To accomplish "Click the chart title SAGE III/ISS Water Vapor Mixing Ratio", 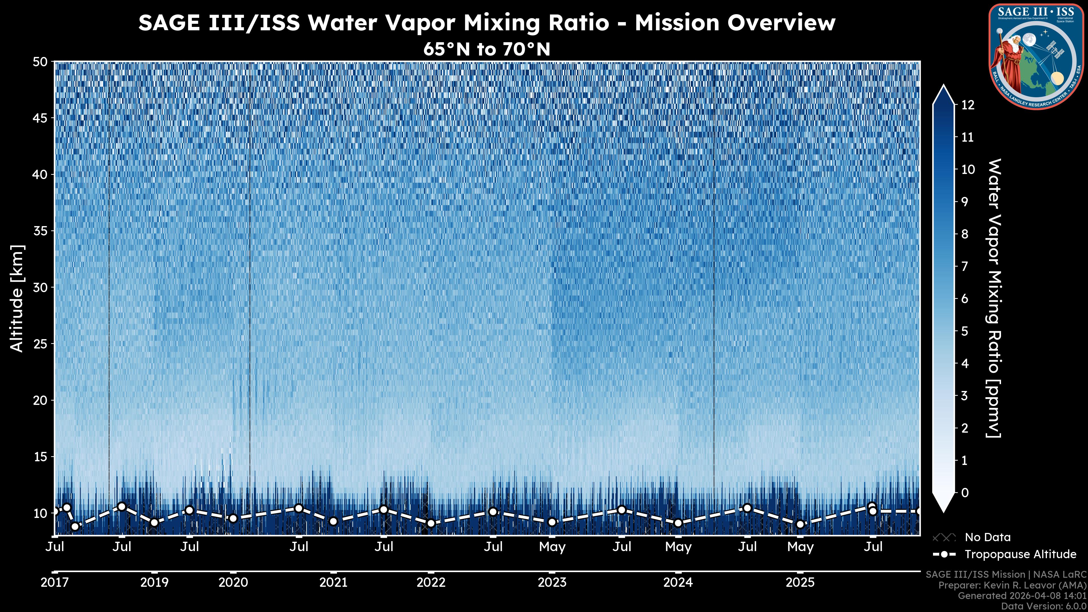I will click(486, 23).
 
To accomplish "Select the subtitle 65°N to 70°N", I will click(486, 49).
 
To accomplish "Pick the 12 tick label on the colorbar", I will click(968, 105).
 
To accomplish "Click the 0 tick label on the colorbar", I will click(965, 492).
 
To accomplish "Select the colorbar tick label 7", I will click(965, 267).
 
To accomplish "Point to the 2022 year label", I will click(431, 583).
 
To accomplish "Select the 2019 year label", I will click(154, 583).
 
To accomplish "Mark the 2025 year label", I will click(800, 583).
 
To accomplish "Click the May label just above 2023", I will click(552, 547).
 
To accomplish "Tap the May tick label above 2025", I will click(800, 547).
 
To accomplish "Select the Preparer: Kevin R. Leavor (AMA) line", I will click(1012, 585).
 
